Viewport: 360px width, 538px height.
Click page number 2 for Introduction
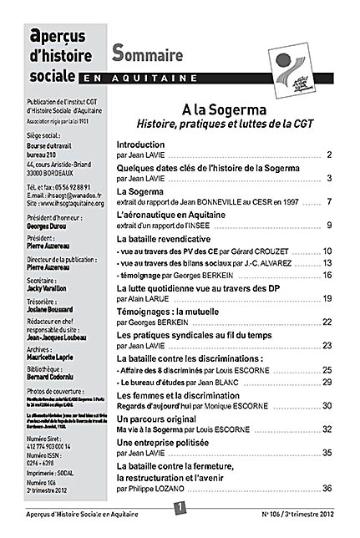coord(330,155)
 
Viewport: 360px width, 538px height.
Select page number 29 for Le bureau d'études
coord(327,381)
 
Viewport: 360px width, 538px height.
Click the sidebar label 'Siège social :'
coord(44,134)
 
